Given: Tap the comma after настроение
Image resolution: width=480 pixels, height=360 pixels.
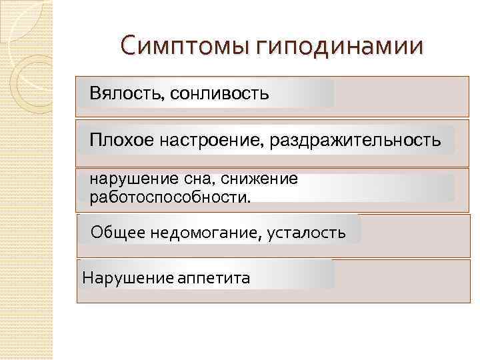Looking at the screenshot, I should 266,145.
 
